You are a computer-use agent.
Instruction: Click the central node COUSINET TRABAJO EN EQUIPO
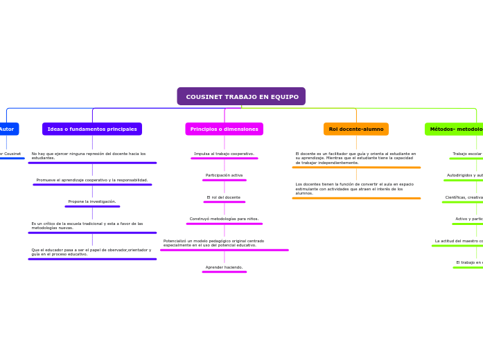pos(241,96)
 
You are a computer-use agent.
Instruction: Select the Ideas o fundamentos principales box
pos(92,129)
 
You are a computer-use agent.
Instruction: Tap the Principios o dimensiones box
pos(224,129)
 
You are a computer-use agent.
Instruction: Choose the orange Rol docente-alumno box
pos(355,129)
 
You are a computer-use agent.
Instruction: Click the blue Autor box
pos(7,129)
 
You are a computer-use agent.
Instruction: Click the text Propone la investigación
pos(92,201)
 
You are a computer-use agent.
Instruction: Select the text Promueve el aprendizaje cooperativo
pos(92,180)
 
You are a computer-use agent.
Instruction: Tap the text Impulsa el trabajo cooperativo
pos(224,154)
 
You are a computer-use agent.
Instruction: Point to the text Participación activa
pos(224,175)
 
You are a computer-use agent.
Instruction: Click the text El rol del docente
pos(224,197)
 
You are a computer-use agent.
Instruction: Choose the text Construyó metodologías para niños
pos(224,219)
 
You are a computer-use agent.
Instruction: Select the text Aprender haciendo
pos(224,267)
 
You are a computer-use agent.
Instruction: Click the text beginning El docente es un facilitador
pos(355,158)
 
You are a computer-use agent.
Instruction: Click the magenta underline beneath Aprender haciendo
pos(224,272)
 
